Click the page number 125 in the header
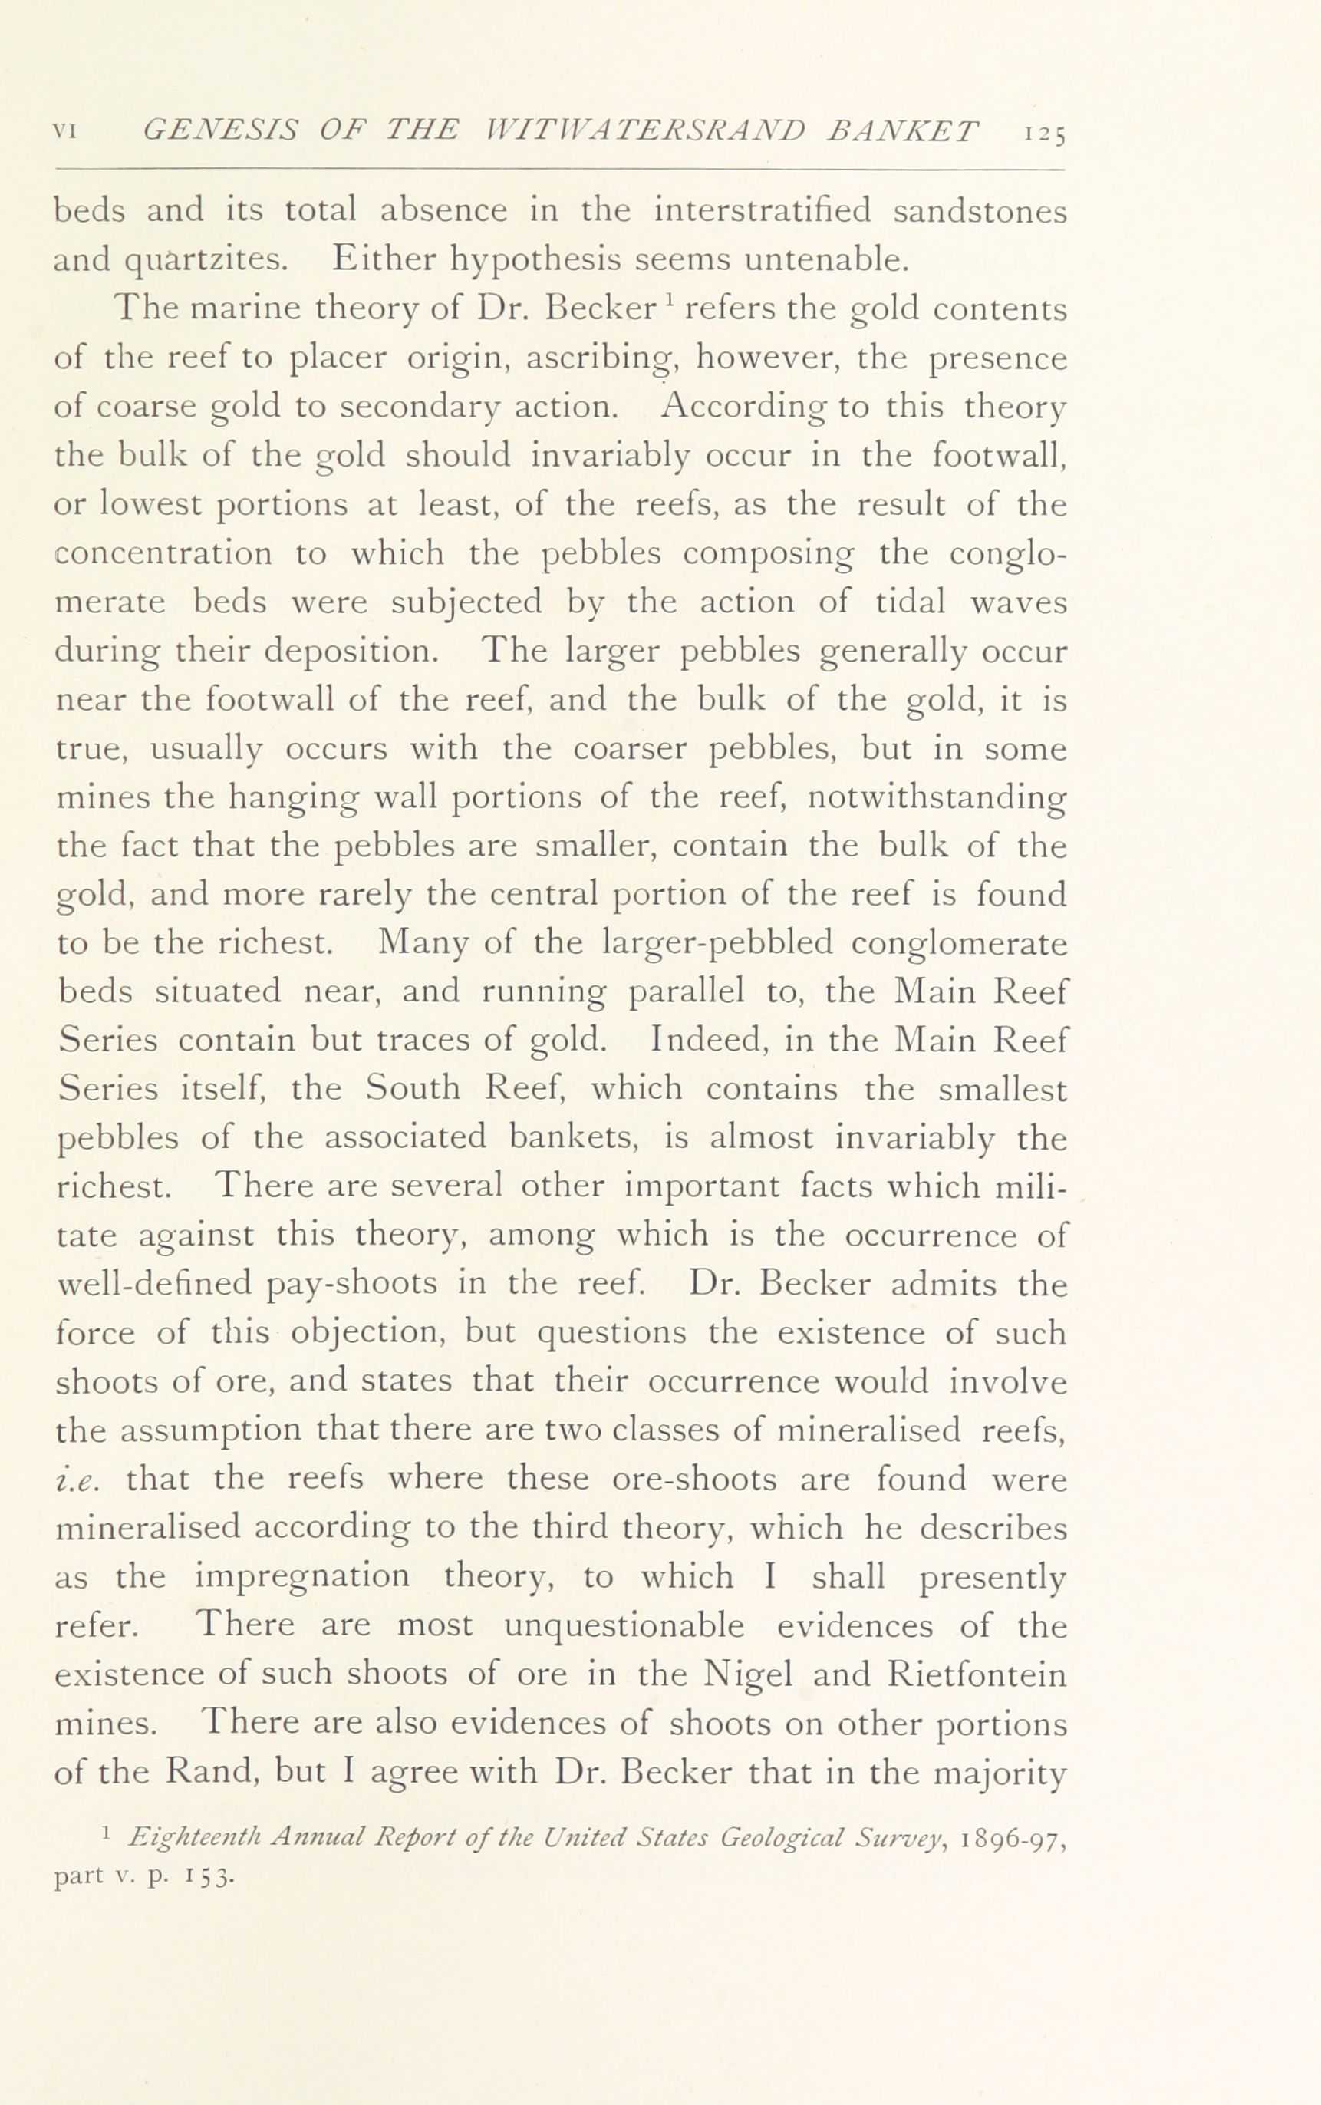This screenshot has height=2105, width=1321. pyautogui.click(x=1044, y=134)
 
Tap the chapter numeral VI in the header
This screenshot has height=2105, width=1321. pyautogui.click(x=68, y=132)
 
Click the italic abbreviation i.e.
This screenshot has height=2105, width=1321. pyautogui.click(x=81, y=1480)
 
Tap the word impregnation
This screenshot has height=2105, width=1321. pyautogui.click(x=301, y=1576)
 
